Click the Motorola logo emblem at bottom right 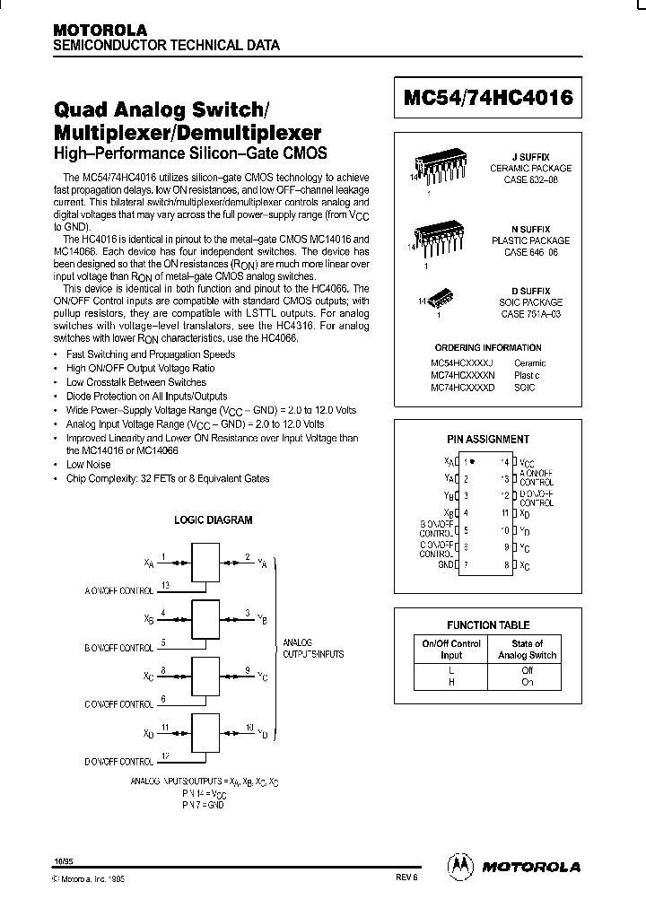pyautogui.click(x=461, y=866)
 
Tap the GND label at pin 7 pyautogui.click(x=445, y=566)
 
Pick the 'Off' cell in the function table pyautogui.click(x=527, y=669)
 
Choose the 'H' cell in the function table pyautogui.click(x=451, y=681)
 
